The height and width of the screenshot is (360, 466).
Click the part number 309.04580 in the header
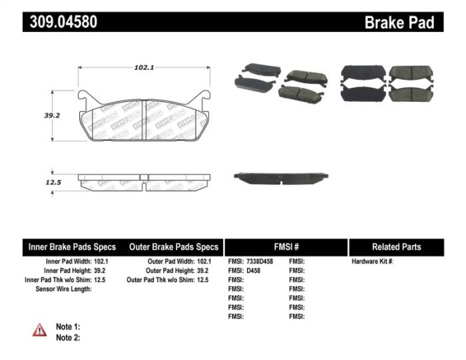pyautogui.click(x=63, y=22)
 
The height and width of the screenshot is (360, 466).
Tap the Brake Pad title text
pyautogui.click(x=399, y=23)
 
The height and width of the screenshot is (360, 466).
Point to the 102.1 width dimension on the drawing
pyautogui.click(x=144, y=67)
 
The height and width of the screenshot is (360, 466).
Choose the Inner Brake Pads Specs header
pyautogui.click(x=72, y=247)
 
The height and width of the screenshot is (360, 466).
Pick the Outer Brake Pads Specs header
pyautogui.click(x=174, y=247)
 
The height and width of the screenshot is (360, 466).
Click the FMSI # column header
pyautogui.click(x=286, y=247)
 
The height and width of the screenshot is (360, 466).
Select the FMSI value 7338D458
pyautogui.click(x=264, y=262)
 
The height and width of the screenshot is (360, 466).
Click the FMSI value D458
pyautogui.click(x=255, y=271)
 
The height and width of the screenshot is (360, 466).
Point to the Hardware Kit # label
pyautogui.click(x=373, y=262)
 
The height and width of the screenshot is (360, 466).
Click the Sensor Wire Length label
pyautogui.click(x=64, y=289)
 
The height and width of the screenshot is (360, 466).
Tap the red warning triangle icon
pyautogui.click(x=40, y=329)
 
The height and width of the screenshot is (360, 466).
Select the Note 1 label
pyautogui.click(x=68, y=327)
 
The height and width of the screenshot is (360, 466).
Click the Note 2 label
pyautogui.click(x=68, y=337)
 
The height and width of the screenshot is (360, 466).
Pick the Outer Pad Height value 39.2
pyautogui.click(x=204, y=271)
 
